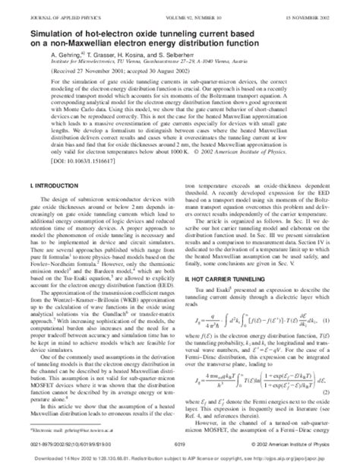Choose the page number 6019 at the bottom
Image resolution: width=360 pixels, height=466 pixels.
pyautogui.click(x=180, y=449)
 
